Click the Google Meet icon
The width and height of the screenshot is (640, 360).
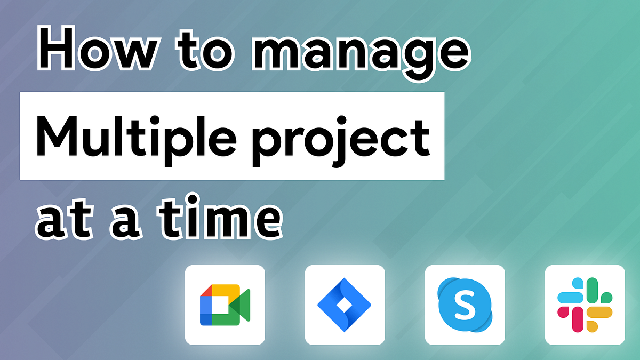225,305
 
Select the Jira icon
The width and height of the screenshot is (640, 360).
345,305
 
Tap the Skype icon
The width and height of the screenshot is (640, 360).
465,305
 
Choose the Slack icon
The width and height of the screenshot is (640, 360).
585,305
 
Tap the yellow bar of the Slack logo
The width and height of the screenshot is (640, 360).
601,312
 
